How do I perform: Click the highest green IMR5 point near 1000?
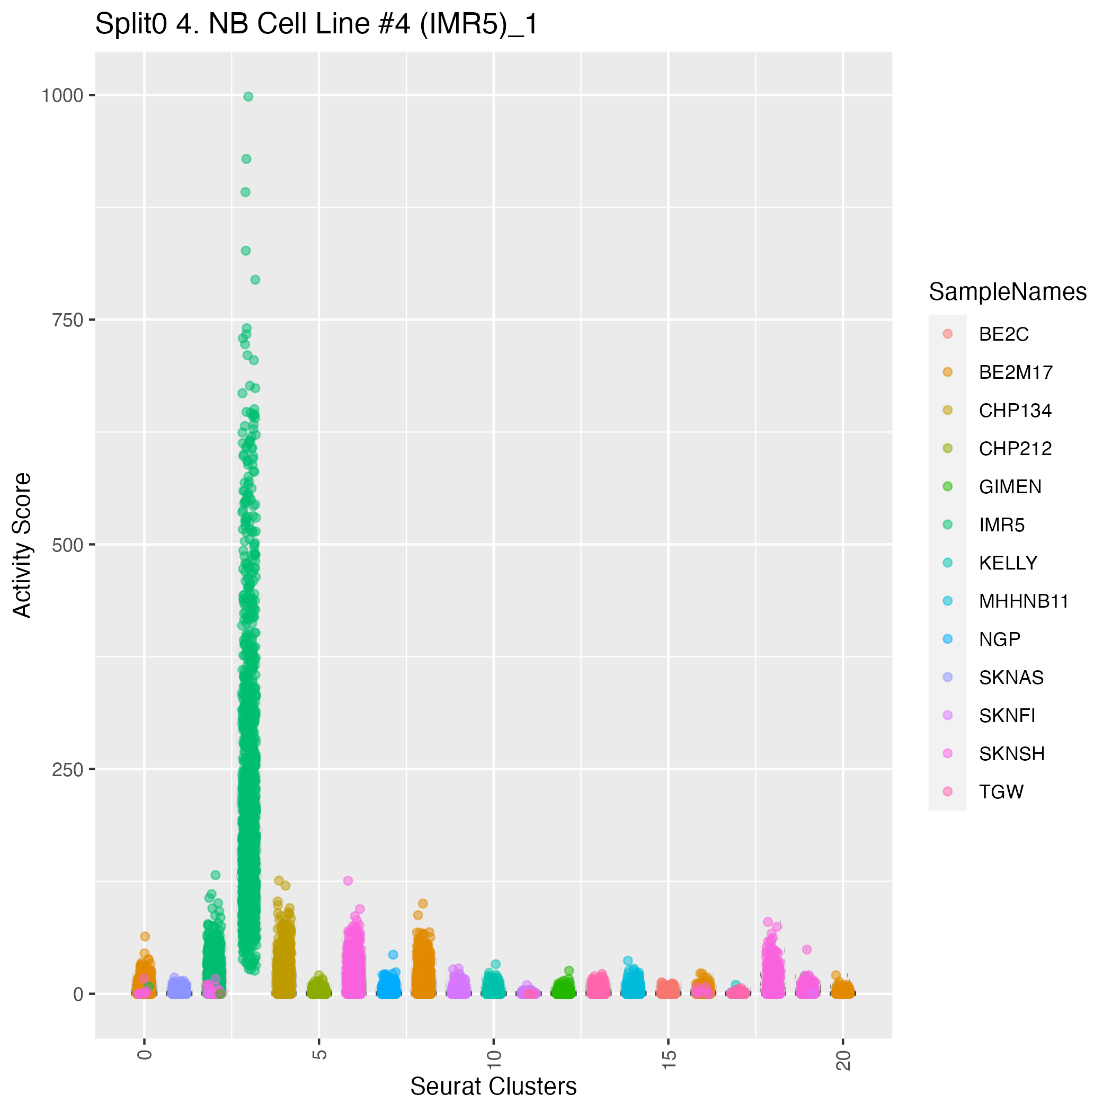(x=248, y=97)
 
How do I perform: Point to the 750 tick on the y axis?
(x=67, y=320)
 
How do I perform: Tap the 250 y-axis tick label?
(x=67, y=770)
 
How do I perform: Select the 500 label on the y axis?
(x=67, y=545)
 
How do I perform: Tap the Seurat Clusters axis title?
(x=493, y=1087)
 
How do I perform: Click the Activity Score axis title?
(x=22, y=545)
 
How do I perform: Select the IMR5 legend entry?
(x=1001, y=525)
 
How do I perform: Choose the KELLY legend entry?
(x=1008, y=563)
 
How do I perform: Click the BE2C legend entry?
(x=1004, y=334)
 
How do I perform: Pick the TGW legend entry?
(x=1001, y=792)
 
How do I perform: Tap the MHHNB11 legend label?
(x=1024, y=601)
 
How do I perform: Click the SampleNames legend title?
(x=1007, y=292)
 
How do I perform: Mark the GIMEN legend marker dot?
(x=947, y=486)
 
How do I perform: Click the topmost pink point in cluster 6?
(x=348, y=880)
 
